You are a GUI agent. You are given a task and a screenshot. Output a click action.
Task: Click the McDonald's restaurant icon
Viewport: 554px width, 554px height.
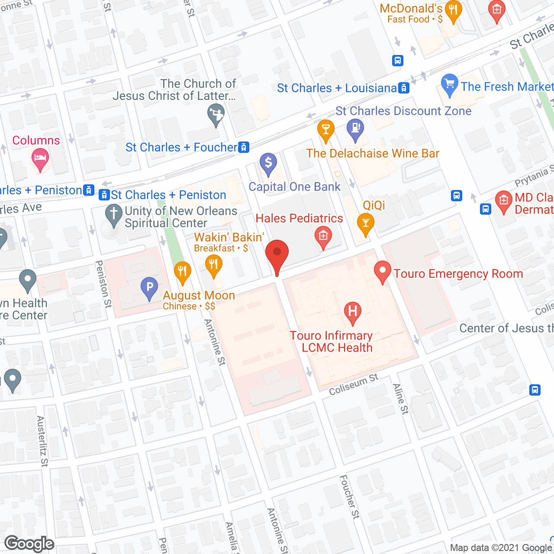[x=453, y=11]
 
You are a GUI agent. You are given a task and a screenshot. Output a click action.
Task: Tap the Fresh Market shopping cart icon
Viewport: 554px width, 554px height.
[x=450, y=84]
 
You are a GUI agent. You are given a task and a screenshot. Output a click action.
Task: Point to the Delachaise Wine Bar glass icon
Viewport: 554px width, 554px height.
[x=326, y=130]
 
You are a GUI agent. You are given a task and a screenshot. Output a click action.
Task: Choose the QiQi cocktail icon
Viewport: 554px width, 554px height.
[x=366, y=223]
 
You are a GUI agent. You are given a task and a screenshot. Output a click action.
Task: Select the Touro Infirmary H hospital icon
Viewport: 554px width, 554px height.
[x=353, y=311]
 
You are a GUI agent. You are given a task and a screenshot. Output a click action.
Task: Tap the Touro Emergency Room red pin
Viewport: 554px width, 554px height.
[x=383, y=271]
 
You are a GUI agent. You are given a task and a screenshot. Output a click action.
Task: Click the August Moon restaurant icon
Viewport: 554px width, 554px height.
[x=183, y=272]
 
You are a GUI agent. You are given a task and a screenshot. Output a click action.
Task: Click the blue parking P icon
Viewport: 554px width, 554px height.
[x=149, y=287]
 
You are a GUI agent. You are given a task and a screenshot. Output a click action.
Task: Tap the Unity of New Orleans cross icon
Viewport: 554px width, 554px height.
[x=114, y=214]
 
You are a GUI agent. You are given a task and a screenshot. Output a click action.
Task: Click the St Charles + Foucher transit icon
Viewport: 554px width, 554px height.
[x=244, y=148]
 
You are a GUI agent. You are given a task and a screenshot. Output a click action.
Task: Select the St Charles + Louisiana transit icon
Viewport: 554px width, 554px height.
[x=404, y=88]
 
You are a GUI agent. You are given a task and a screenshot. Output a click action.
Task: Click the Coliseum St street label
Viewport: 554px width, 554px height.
[x=354, y=384]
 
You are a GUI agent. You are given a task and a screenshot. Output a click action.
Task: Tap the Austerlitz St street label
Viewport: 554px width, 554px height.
[x=42, y=441]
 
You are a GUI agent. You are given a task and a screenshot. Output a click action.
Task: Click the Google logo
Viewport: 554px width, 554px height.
[x=29, y=544]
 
